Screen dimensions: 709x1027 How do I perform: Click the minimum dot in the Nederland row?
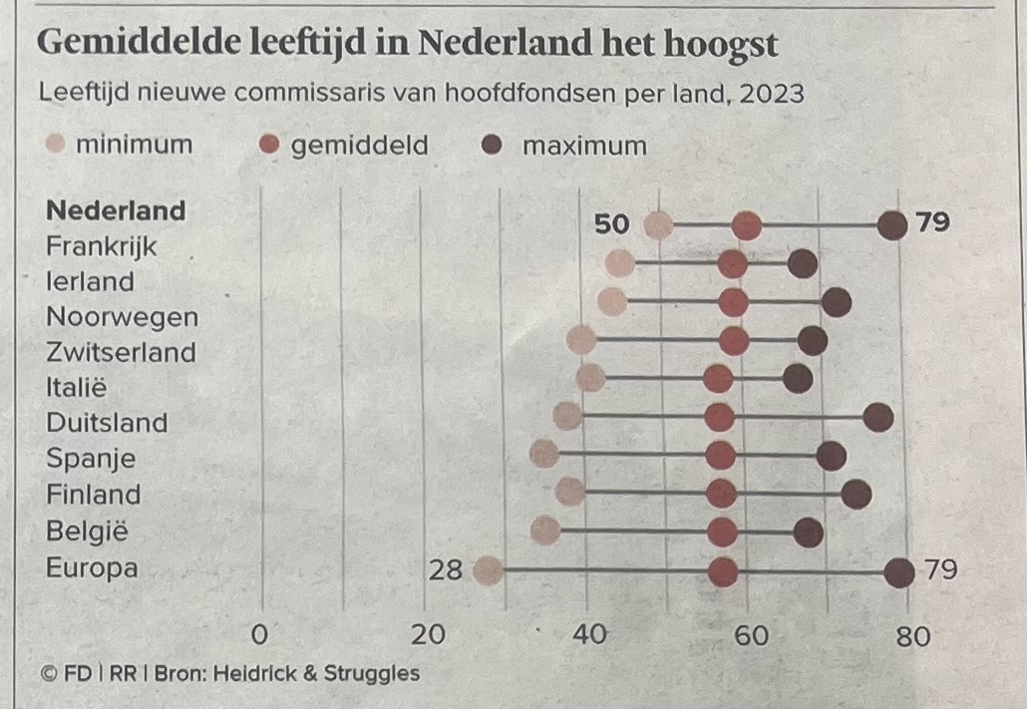coord(658,226)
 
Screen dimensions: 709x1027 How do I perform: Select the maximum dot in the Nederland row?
coord(892,225)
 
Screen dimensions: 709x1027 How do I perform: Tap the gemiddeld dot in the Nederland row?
coord(746,226)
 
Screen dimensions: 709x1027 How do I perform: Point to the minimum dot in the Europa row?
coord(488,571)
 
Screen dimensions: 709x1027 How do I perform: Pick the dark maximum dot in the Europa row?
coord(899,573)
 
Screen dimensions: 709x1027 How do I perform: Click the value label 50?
coord(612,224)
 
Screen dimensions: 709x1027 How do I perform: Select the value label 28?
coord(445,570)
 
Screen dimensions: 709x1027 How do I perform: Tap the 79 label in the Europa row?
coord(940,570)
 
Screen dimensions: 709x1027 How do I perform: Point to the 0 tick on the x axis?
coord(260,634)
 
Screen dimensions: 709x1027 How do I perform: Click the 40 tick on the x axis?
coord(590,634)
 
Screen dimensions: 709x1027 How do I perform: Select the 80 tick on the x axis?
coord(911,635)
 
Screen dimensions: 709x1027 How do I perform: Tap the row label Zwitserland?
coord(121,352)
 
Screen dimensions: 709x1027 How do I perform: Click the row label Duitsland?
coord(107,423)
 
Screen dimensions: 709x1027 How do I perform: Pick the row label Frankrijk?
coord(102,245)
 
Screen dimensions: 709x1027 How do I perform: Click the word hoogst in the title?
coord(717,43)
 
